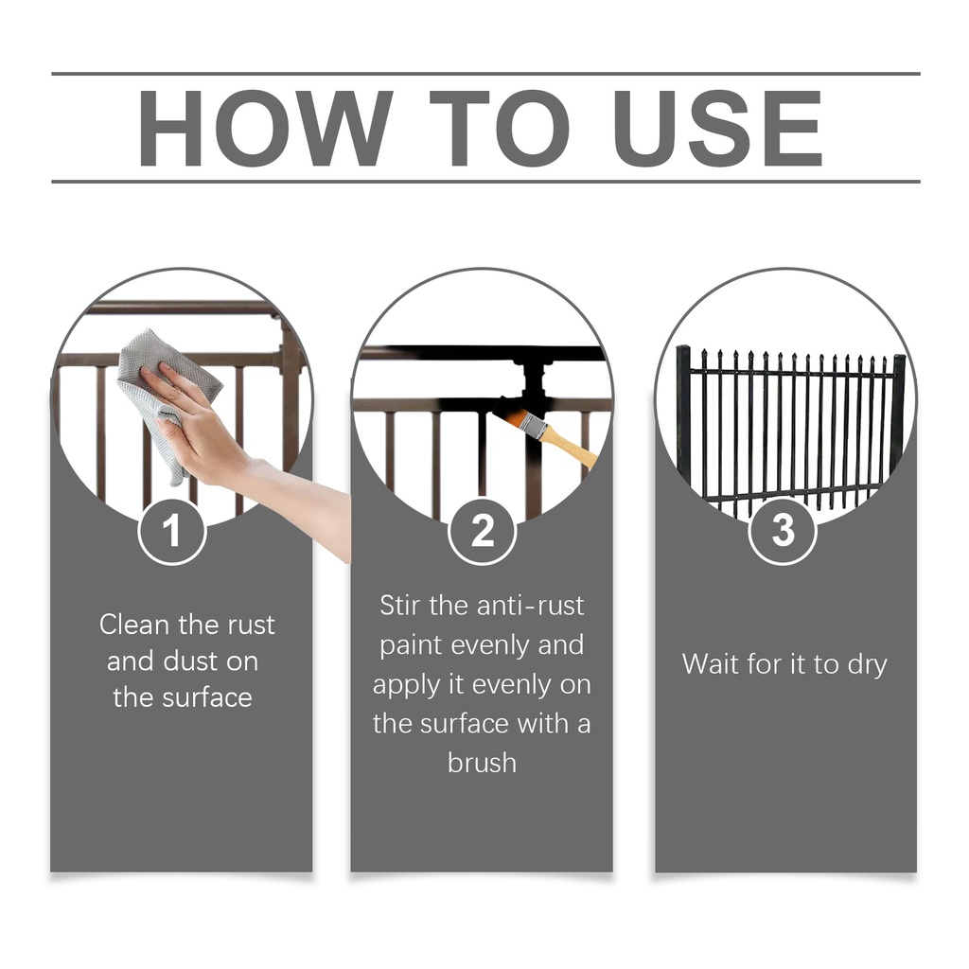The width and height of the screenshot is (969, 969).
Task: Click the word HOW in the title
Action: (266, 129)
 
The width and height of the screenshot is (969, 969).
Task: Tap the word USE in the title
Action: (717, 129)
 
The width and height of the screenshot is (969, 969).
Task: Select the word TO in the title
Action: (500, 129)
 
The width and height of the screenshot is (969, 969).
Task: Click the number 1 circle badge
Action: (172, 530)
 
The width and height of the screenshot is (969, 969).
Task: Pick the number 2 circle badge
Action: (482, 530)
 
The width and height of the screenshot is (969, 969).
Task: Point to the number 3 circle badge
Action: (783, 530)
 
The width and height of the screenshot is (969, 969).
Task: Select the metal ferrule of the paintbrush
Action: (530, 423)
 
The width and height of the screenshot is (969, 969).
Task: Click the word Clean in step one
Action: (134, 625)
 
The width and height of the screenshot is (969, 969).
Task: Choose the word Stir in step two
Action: (400, 605)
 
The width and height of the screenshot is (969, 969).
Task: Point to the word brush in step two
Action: (482, 763)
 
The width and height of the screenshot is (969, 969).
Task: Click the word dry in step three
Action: (867, 666)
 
